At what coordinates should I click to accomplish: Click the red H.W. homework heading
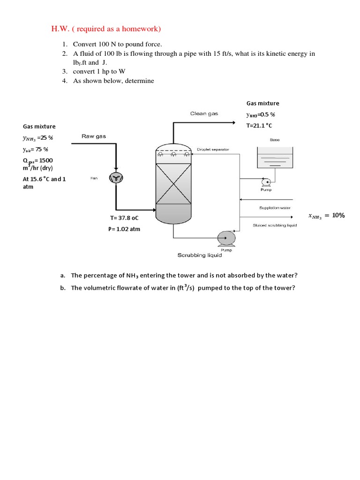(106, 29)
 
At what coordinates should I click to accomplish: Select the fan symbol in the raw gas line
(115, 177)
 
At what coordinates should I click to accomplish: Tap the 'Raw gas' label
(94, 136)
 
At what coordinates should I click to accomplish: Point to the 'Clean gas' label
(204, 113)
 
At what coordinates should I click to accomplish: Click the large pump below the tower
(226, 238)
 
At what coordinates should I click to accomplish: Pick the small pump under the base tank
(265, 182)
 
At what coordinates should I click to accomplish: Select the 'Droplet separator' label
(213, 149)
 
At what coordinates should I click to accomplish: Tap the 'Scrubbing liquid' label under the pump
(199, 255)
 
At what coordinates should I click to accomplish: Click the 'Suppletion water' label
(275, 208)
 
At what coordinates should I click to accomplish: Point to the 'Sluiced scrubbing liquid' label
(275, 225)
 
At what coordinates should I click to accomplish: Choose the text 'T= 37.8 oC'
(124, 218)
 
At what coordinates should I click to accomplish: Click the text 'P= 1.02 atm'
(124, 229)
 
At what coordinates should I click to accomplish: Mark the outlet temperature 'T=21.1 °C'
(259, 126)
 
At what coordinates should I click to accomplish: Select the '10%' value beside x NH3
(338, 215)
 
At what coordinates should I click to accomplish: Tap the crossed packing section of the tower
(173, 183)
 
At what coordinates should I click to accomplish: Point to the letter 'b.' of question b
(62, 288)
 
